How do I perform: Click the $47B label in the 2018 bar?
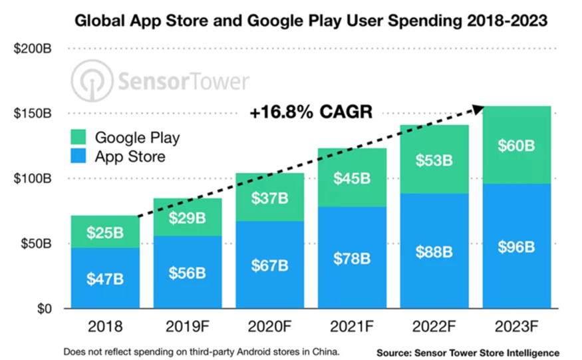click(105, 278)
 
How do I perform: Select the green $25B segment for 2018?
click(105, 232)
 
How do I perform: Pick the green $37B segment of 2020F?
click(269, 198)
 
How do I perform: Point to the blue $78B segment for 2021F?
click(352, 258)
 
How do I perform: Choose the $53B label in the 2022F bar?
click(434, 160)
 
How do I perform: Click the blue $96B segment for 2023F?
click(516, 246)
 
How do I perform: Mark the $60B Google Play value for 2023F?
click(516, 145)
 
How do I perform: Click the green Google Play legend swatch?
click(79, 138)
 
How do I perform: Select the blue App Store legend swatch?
click(79, 157)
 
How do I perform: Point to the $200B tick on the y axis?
click(32, 49)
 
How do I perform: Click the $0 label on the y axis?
click(42, 309)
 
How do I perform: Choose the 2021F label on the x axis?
click(352, 328)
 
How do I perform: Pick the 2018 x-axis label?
click(105, 328)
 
